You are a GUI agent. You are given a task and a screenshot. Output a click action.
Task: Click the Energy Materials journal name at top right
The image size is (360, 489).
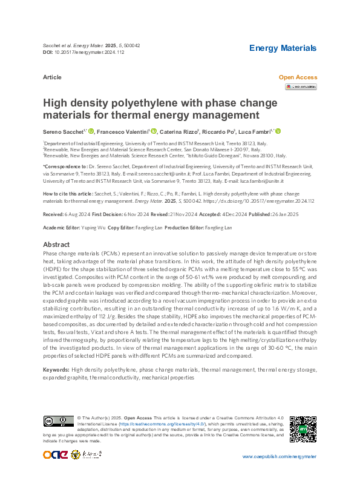click(x=283, y=48)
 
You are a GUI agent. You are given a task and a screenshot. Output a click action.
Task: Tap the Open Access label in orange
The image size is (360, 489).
click(x=298, y=77)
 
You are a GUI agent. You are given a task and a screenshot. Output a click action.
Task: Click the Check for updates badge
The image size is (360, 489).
click(x=301, y=87)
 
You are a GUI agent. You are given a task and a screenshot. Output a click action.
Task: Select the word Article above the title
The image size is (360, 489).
click(x=52, y=78)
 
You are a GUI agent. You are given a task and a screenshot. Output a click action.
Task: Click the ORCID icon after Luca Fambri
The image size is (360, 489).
click(x=278, y=131)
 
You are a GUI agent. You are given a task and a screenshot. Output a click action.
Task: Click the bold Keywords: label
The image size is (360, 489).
click(x=56, y=369)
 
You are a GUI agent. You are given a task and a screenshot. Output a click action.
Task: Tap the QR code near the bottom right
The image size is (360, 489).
click(x=302, y=428)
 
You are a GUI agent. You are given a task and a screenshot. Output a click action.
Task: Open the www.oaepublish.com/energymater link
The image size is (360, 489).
click(x=279, y=456)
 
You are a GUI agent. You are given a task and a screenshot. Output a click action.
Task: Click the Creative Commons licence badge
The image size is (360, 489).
click(x=58, y=421)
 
